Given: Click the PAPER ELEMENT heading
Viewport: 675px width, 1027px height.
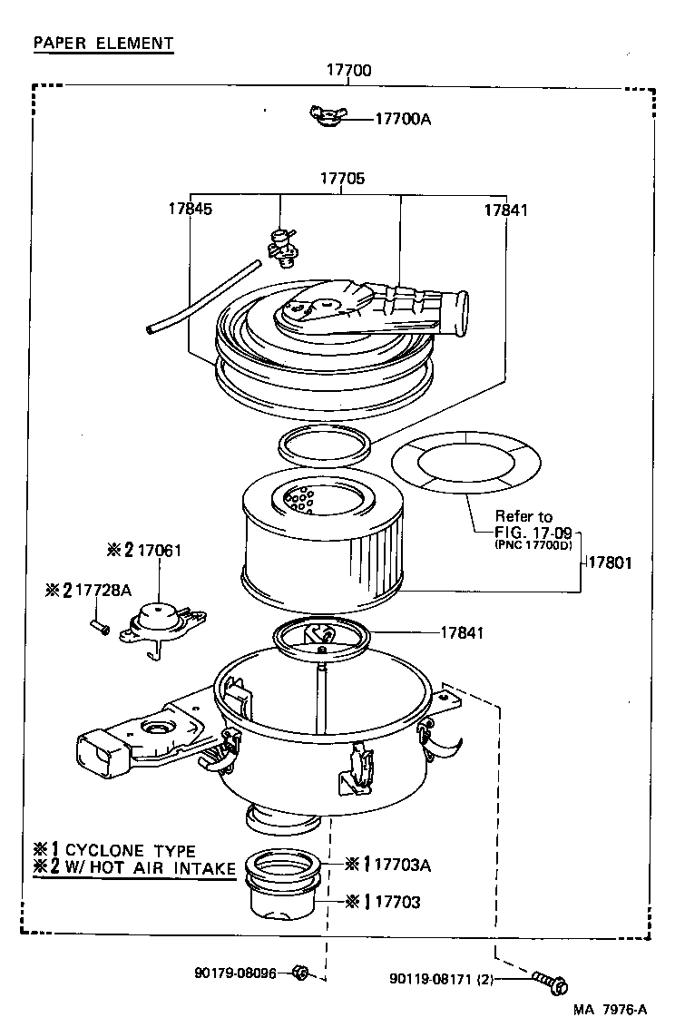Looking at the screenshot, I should coord(103,43).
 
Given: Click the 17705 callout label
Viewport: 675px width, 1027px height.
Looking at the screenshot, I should coord(342,179).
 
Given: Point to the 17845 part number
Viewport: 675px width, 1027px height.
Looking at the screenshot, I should coord(190,209).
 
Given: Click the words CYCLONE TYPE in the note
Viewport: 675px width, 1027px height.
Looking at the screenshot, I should coord(130,850).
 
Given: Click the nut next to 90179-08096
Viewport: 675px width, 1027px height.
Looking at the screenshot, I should coord(301,973).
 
